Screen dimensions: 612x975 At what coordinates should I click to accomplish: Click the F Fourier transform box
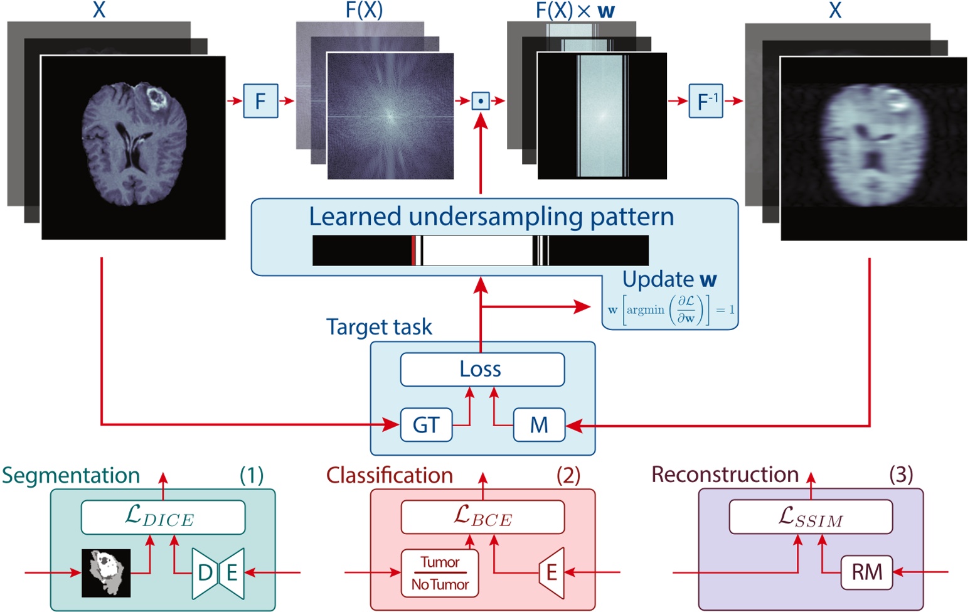pos(260,100)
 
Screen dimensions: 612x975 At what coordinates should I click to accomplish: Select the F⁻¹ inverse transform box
pos(706,100)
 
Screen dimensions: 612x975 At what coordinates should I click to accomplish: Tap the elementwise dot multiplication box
pos(481,100)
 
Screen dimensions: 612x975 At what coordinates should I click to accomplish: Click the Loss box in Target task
pos(482,369)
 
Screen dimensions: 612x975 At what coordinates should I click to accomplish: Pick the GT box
pos(426,425)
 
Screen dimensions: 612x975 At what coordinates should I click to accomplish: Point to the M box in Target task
pos(539,425)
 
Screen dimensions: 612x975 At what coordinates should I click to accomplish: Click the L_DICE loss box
pos(162,517)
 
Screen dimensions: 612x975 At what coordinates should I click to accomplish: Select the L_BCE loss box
pos(482,517)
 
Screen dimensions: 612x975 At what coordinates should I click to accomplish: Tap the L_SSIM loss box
pos(810,517)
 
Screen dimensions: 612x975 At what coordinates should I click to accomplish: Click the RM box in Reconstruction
pos(866,572)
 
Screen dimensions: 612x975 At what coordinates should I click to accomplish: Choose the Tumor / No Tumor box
pos(440,573)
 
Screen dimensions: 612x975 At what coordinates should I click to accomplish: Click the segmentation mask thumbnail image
pos(106,572)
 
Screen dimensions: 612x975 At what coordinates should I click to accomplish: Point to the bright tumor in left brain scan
pos(154,97)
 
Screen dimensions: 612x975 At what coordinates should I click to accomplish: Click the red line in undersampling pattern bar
pos(413,250)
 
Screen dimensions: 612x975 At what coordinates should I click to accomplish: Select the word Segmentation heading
pos(71,475)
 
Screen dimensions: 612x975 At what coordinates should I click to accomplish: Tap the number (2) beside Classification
pos(568,475)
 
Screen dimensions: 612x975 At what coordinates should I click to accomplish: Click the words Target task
pos(379,327)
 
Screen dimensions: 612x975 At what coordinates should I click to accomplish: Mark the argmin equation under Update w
pos(671,309)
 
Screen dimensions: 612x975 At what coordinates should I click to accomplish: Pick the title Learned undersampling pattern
pos(491,217)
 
